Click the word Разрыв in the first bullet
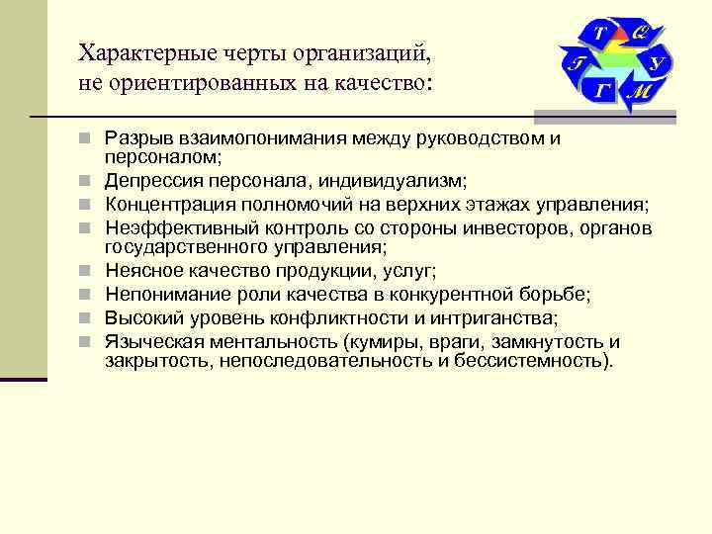tap(135, 138)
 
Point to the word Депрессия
tap(150, 180)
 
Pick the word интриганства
tap(501, 317)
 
